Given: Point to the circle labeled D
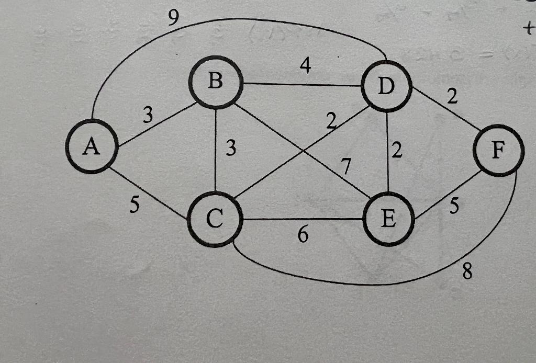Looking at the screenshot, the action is click(387, 87).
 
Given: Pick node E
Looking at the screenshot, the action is click(388, 220).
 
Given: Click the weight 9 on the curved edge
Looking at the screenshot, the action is click(174, 18).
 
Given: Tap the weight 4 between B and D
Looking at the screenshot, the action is click(304, 66).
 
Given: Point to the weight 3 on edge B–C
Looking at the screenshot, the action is click(230, 150).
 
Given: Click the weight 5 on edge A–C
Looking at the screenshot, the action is click(135, 206).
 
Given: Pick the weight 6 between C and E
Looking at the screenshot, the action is click(303, 235).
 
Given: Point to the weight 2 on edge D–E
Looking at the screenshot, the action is click(398, 152).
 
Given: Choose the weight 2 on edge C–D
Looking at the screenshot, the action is click(331, 121).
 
